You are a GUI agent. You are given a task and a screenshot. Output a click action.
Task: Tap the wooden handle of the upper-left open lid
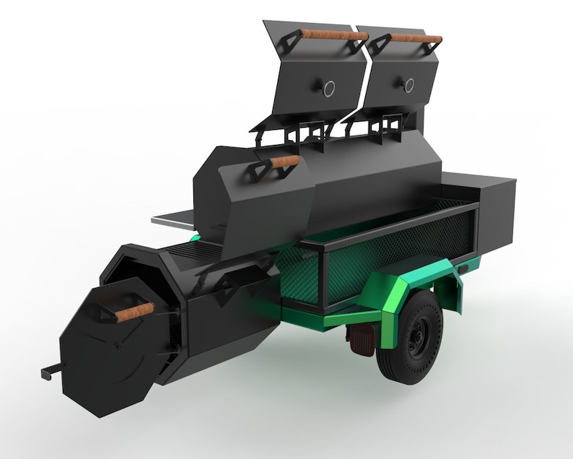(x=334, y=33)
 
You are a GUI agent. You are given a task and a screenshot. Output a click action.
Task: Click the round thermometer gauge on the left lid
(x=328, y=88)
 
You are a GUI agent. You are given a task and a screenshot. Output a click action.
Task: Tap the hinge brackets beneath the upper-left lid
(x=296, y=131)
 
